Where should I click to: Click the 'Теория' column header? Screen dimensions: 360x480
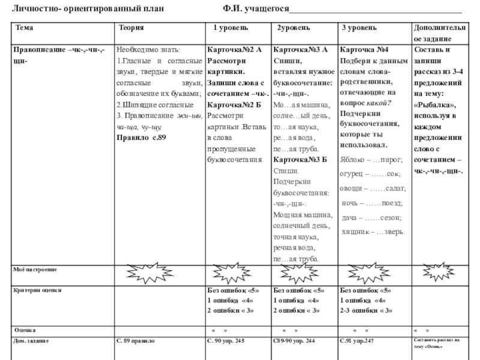tap(131, 28)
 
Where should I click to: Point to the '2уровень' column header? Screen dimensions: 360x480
tap(293, 28)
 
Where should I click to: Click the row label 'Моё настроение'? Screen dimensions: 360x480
tap(35, 271)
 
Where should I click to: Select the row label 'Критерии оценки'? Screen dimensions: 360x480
tap(37, 290)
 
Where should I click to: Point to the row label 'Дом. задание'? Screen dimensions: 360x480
tap(32, 341)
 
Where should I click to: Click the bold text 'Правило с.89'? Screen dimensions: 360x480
tap(141, 137)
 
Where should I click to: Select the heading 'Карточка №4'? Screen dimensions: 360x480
tap(365, 50)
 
